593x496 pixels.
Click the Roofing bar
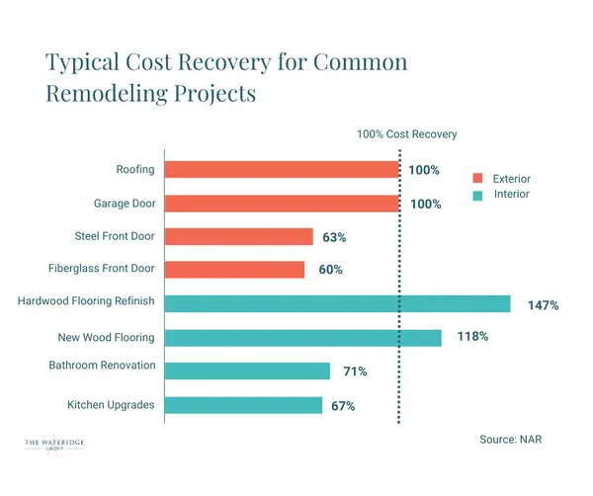pos(282,170)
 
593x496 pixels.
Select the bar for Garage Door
pos(282,204)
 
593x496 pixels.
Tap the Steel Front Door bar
pos(238,237)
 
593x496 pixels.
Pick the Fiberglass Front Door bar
pos(234,270)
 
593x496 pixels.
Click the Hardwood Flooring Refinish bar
pos(337,303)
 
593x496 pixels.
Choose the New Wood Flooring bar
pos(302,338)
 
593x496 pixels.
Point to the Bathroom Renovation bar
pos(247,371)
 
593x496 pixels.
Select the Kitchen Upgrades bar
pos(243,405)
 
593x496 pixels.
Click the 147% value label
pos(543,305)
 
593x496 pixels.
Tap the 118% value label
pos(472,337)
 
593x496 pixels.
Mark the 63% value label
pos(334,238)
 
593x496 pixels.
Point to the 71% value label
pos(356,372)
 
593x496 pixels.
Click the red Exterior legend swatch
pos(476,179)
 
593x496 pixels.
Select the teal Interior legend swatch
pos(476,195)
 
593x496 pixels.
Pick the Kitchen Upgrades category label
pos(111,405)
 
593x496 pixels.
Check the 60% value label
pos(330,271)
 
